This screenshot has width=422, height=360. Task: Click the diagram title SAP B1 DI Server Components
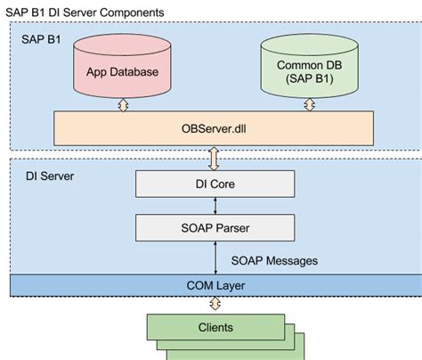coord(85,12)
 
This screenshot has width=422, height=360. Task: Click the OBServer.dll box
coord(214,128)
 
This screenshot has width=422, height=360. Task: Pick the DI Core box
coord(214,184)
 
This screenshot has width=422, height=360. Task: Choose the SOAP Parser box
coord(214,228)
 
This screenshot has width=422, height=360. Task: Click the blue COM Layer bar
coord(214,286)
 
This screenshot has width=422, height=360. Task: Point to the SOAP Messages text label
coord(274,261)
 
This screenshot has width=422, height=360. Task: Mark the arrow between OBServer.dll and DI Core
coord(214,159)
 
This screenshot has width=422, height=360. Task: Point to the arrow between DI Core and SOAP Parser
coord(214,206)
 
